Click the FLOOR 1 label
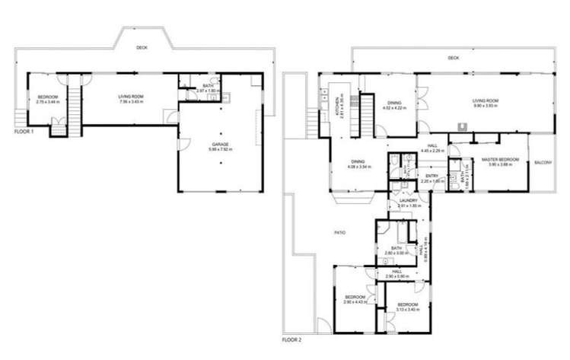click(25, 132)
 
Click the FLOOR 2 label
click(292, 339)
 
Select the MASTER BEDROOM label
click(501, 159)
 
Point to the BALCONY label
click(543, 163)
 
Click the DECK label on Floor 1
click(142, 47)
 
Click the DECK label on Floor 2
click(454, 58)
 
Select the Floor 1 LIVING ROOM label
click(131, 96)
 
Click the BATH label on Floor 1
click(208, 85)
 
